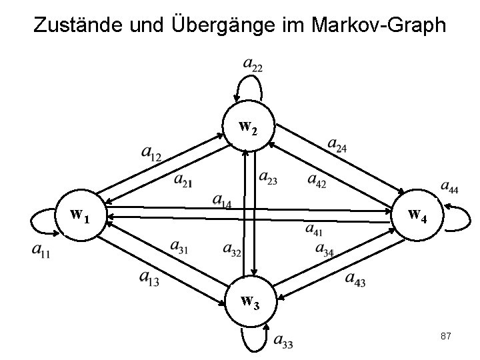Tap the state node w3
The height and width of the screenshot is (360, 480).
(249, 303)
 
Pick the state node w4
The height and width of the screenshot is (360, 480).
(417, 215)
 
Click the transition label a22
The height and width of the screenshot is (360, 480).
(253, 65)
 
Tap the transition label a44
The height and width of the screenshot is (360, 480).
(449, 187)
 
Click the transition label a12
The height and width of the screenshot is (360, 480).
(151, 154)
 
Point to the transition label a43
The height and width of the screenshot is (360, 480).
(355, 279)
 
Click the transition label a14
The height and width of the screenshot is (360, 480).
(221, 200)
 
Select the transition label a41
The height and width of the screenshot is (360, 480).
(315, 229)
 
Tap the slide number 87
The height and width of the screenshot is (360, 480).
(446, 337)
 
